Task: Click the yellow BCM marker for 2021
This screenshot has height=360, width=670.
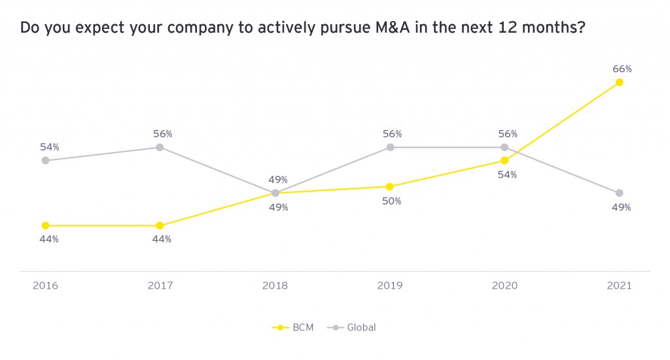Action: tap(619, 82)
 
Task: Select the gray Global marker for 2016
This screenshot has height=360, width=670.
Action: tap(45, 160)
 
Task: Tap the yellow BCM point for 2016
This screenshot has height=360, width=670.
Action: tap(45, 225)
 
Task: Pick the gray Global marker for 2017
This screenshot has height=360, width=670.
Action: tap(160, 147)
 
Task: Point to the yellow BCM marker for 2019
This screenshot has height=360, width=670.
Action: tap(390, 187)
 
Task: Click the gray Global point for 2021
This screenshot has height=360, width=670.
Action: tap(619, 193)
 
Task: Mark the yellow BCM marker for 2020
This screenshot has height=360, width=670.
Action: tap(504, 160)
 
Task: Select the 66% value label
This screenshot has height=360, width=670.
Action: tap(622, 68)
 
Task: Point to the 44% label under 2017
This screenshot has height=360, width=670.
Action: tap(162, 239)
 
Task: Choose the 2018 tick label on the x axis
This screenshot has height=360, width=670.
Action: tap(275, 286)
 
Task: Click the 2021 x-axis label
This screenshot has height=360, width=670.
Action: tap(619, 286)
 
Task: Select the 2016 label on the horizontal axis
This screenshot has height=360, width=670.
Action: tap(45, 286)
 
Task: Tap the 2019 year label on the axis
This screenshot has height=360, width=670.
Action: tap(390, 286)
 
